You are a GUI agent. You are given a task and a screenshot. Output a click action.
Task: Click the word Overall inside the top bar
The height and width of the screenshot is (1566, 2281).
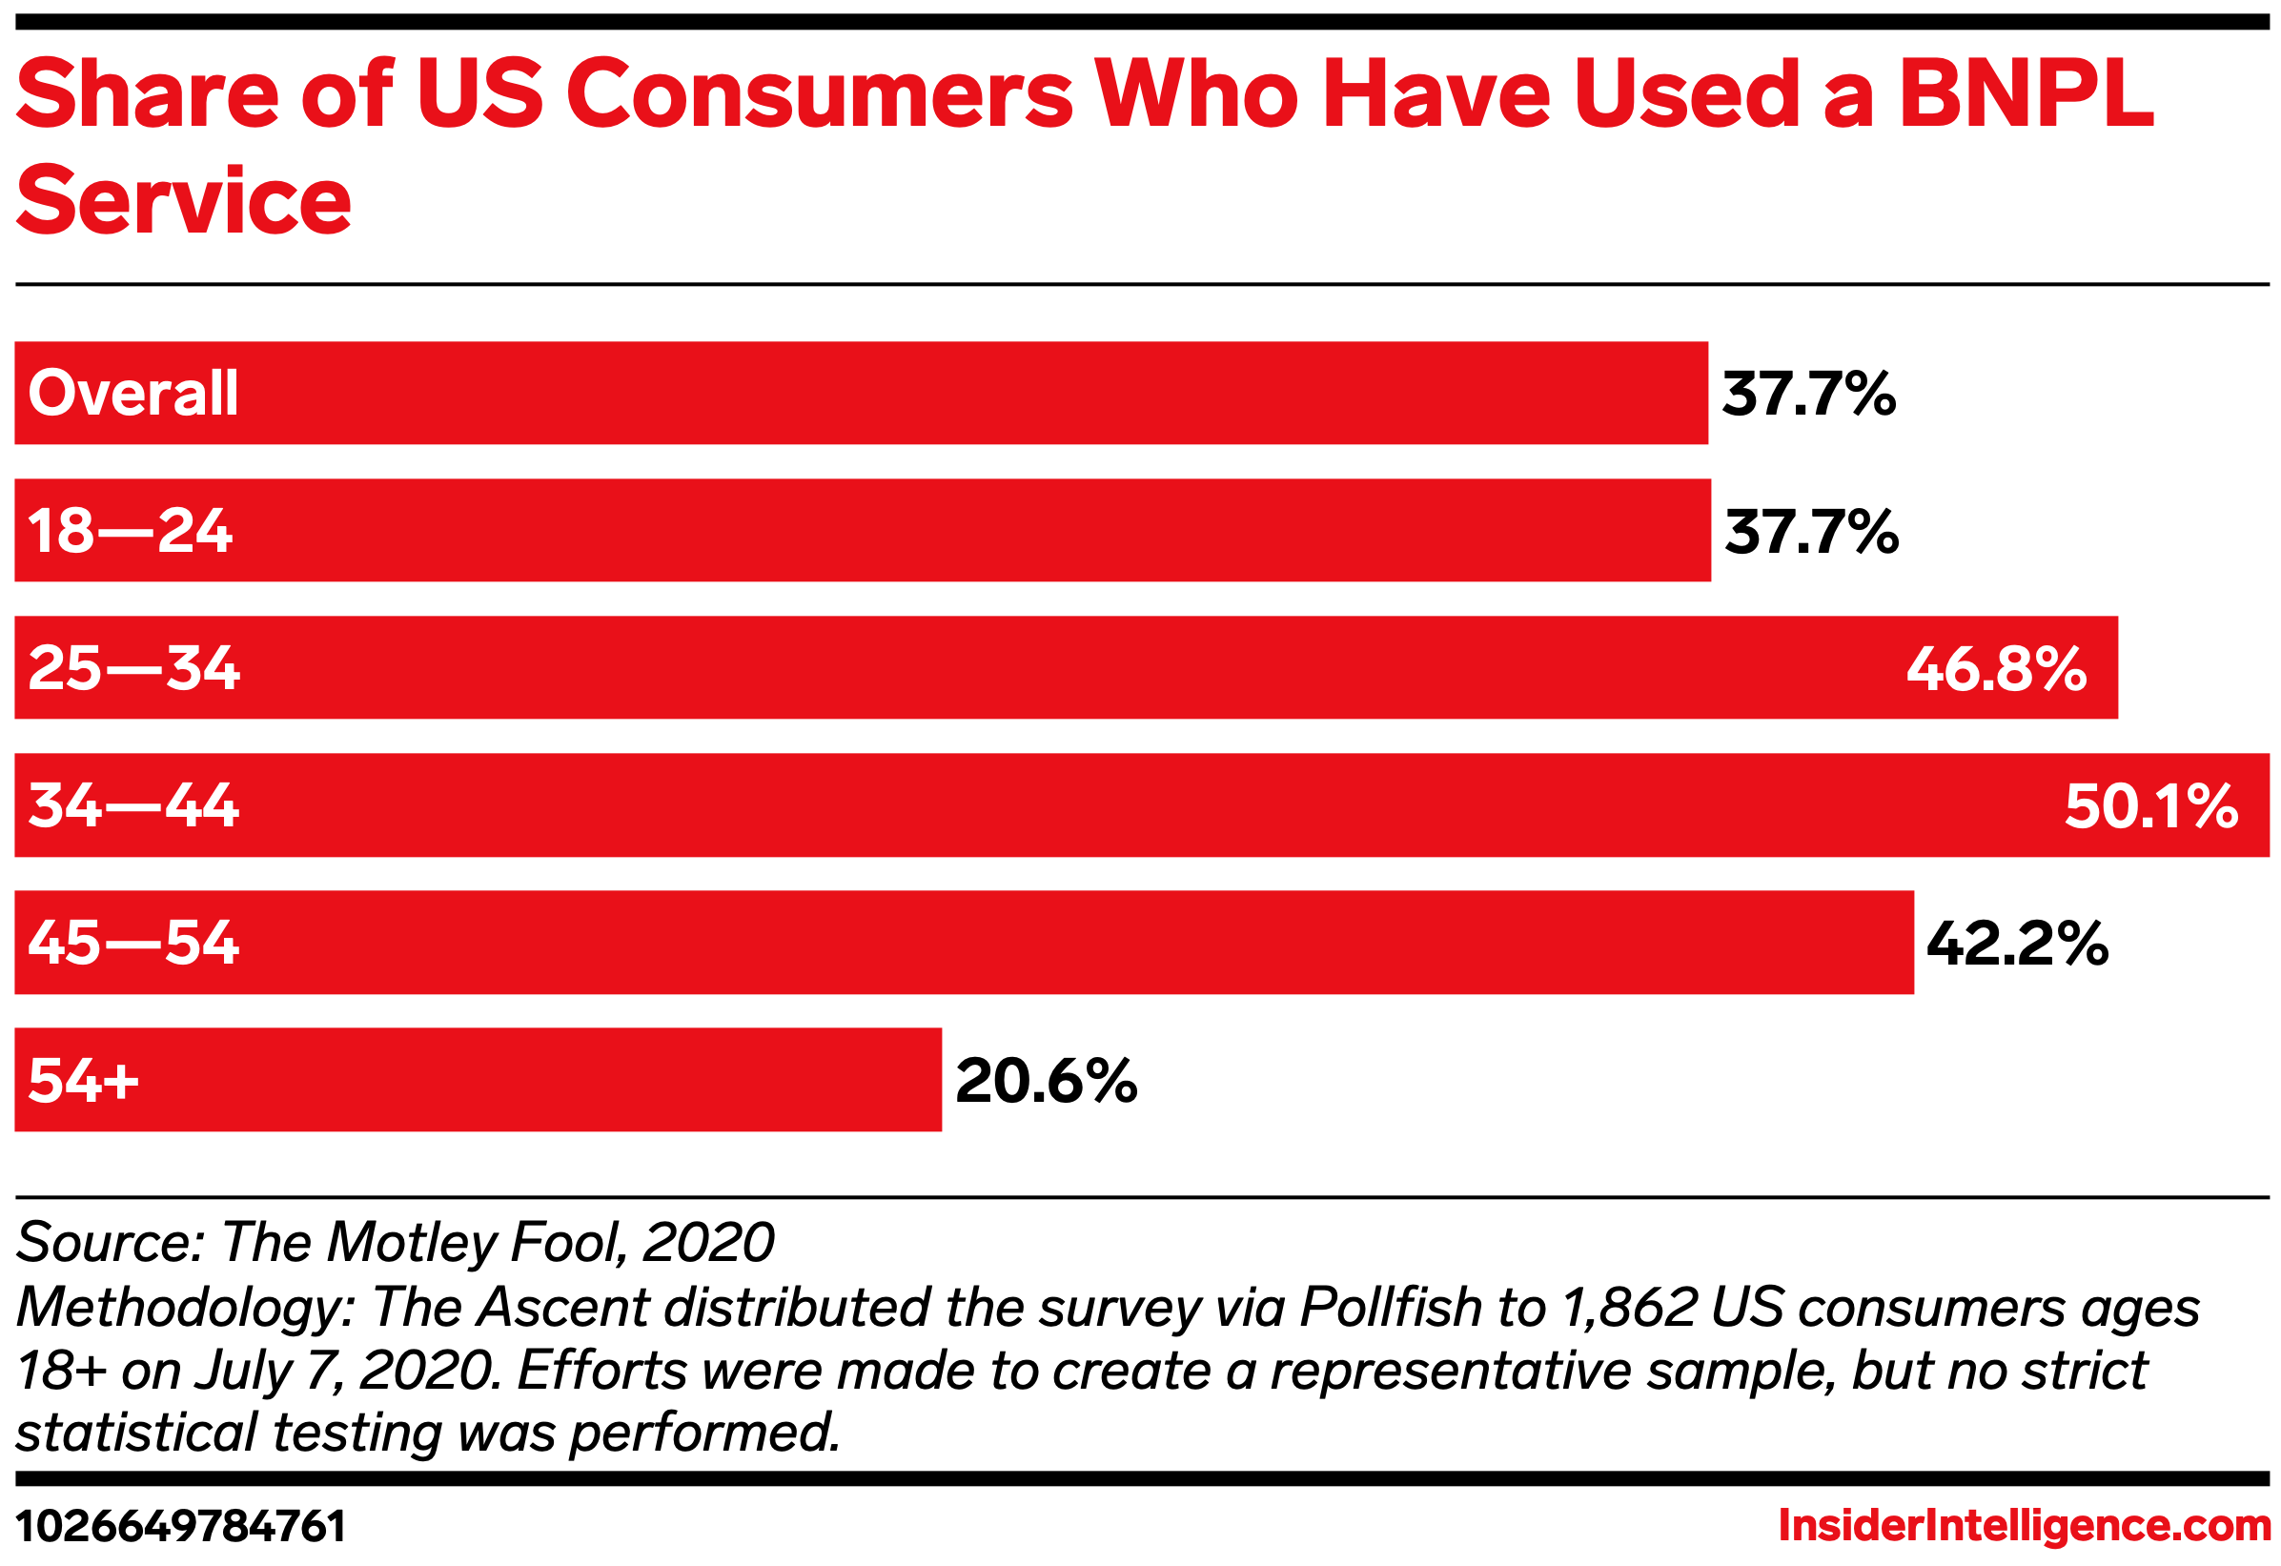tap(132, 395)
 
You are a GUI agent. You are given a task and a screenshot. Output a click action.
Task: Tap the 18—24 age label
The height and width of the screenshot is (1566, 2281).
tap(130, 532)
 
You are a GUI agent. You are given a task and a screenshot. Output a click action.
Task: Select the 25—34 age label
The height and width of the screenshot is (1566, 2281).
tap(133, 669)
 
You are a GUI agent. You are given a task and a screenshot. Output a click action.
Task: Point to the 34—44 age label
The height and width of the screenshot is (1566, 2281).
tap(133, 806)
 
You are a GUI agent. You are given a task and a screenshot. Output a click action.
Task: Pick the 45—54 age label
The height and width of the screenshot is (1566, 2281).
tap(133, 944)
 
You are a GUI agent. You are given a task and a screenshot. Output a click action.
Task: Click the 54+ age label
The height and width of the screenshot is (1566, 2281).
tap(84, 1081)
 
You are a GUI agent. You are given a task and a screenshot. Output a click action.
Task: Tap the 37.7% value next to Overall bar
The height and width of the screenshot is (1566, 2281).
tap(1808, 395)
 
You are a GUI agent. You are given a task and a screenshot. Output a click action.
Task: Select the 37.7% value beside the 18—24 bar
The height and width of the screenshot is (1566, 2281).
tap(1811, 533)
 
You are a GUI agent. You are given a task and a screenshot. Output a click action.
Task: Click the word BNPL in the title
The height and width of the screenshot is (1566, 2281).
tap(2026, 95)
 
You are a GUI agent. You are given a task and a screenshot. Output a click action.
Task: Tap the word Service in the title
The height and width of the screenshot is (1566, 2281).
tap(184, 201)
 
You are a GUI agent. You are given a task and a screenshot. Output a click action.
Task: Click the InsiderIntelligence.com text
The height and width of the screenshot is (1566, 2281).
tap(2024, 1527)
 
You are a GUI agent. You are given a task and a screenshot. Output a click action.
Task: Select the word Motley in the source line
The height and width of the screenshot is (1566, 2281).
tap(412, 1243)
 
